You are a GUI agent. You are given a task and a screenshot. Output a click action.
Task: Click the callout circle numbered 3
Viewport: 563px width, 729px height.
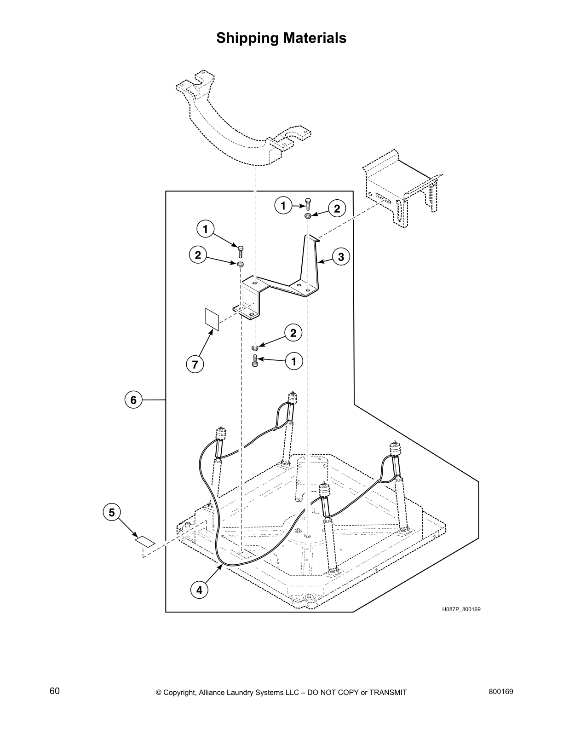pos(341,257)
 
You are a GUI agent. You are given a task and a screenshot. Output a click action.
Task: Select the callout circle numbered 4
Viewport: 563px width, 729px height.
pos(199,590)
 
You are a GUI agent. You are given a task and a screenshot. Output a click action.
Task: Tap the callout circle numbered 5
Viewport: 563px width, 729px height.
pos(112,512)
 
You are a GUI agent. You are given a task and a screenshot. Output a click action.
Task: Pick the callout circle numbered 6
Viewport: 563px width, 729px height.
pos(133,400)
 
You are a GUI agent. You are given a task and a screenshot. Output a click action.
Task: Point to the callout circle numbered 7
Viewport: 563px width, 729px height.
pos(195,364)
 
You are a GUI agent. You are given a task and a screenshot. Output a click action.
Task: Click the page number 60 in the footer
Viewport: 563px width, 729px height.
pos(55,691)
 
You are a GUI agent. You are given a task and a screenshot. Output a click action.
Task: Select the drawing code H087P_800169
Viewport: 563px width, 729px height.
pos(461,609)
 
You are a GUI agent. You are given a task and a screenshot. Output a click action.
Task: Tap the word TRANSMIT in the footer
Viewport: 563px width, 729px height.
pos(388,693)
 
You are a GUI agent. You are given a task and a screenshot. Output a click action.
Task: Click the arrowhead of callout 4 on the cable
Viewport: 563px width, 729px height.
pos(221,566)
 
